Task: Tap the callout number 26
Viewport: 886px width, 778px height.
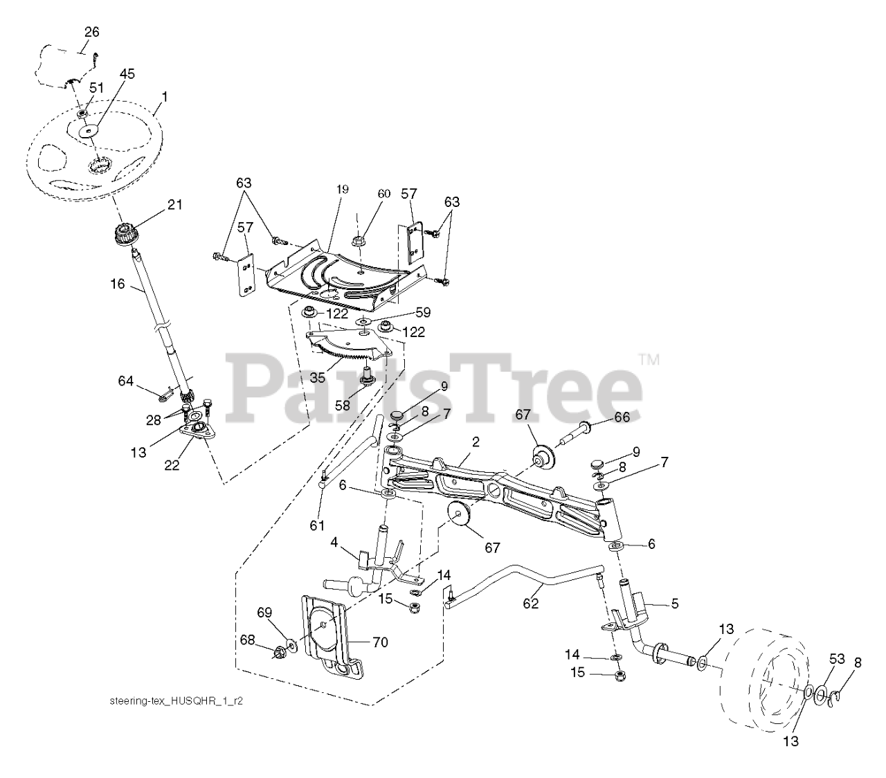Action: click(92, 32)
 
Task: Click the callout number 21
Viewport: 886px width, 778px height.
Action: click(175, 204)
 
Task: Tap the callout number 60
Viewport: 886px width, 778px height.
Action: click(384, 193)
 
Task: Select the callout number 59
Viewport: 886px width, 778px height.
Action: click(404, 312)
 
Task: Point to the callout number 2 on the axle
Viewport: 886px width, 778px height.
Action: click(476, 441)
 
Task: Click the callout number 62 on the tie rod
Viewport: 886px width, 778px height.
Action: click(531, 603)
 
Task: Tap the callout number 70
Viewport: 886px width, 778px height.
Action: click(380, 642)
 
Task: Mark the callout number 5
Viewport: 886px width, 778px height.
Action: click(675, 604)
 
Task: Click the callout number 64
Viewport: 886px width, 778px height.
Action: click(125, 380)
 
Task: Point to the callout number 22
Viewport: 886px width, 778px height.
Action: click(171, 465)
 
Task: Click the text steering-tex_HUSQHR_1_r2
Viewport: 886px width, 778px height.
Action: click(177, 700)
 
